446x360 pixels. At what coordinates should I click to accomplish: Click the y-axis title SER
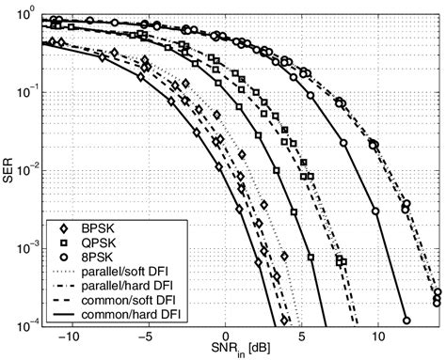point(10,168)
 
